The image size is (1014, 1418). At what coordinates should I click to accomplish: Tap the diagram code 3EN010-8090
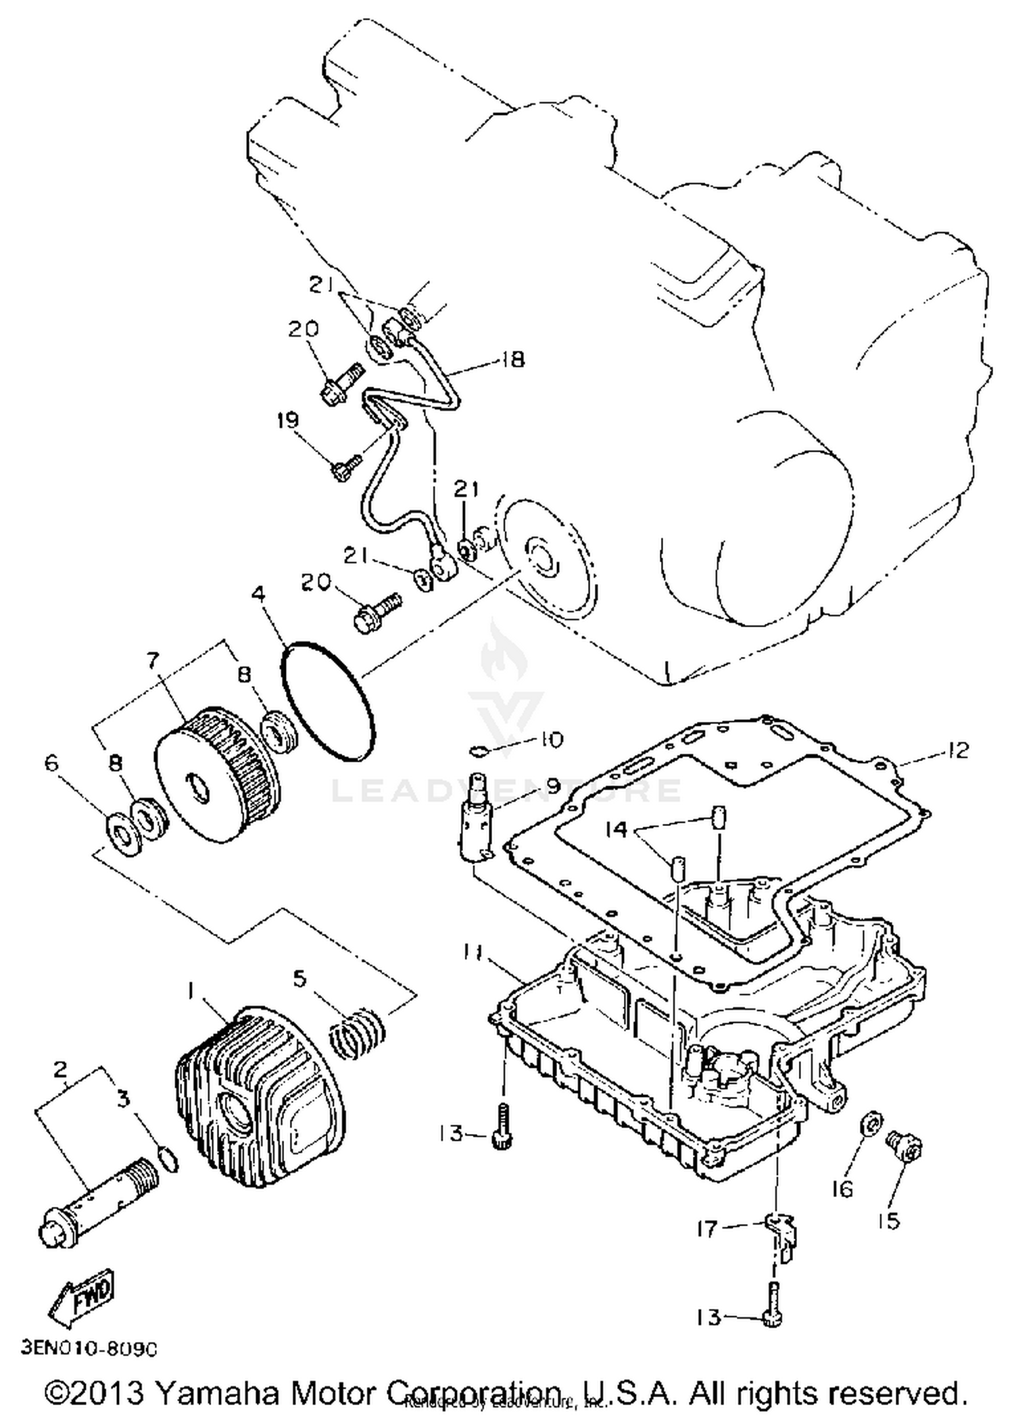point(89,1348)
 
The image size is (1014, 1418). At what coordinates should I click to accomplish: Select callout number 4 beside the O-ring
point(258,594)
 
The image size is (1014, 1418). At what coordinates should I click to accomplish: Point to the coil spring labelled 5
point(357,1033)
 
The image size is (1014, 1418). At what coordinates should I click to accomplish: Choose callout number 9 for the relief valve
point(553,786)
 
